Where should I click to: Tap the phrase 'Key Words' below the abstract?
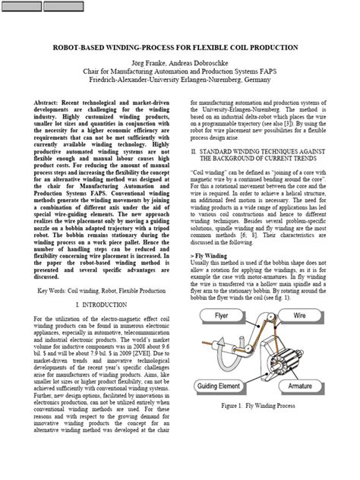(x=55, y=290)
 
